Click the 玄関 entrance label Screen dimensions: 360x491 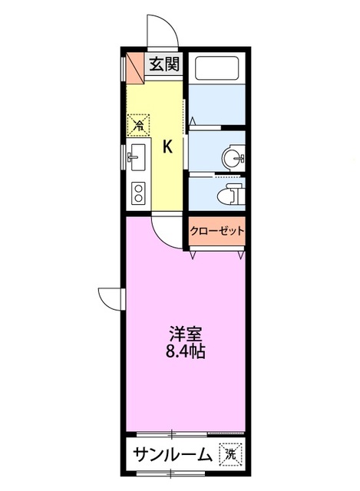163,64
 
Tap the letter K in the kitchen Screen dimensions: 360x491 167,147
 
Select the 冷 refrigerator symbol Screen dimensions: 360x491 138,125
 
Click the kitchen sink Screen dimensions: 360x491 137,157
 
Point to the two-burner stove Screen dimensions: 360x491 138,193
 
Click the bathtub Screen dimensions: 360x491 216,68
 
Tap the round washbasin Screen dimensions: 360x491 233,157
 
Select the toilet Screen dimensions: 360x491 231,193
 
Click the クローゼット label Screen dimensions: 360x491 216,231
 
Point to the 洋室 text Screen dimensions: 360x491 185,334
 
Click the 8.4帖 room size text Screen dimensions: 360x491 185,351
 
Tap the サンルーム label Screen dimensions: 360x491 173,454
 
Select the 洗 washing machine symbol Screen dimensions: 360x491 231,453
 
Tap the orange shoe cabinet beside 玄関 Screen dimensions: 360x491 135,68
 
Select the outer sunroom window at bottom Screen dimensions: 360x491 171,473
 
